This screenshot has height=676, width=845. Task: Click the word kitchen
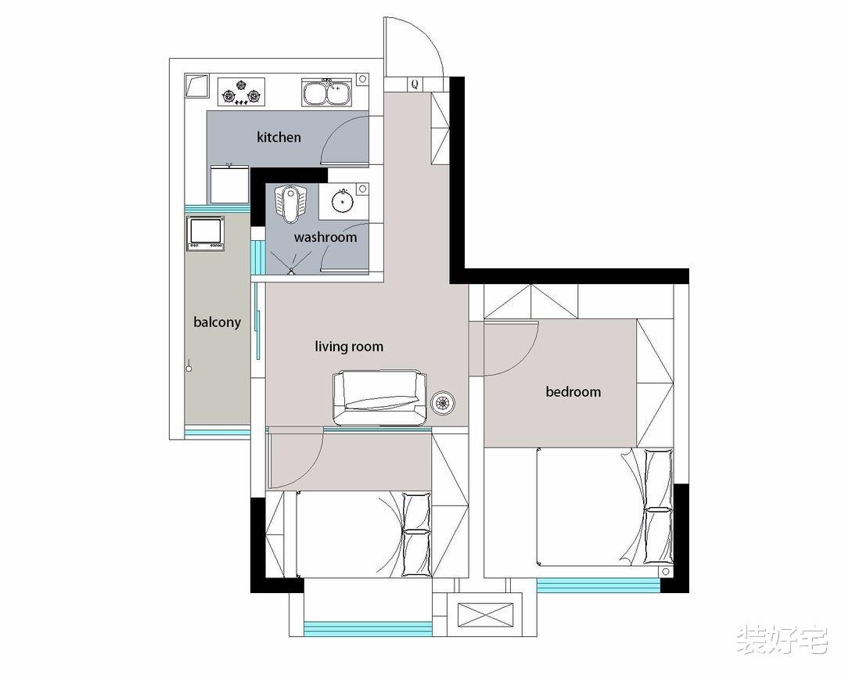click(279, 137)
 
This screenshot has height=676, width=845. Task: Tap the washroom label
click(325, 237)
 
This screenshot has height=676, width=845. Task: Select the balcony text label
click(217, 322)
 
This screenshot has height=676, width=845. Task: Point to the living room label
click(349, 346)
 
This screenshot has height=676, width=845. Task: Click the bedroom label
click(573, 391)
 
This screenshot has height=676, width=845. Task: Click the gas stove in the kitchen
click(242, 92)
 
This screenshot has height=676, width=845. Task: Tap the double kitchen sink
click(326, 92)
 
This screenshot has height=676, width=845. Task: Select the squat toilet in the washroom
click(290, 203)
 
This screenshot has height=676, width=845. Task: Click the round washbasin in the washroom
click(342, 202)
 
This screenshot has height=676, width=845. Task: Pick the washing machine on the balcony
click(205, 233)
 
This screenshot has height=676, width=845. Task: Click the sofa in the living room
click(380, 397)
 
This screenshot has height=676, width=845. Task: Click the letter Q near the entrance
click(415, 84)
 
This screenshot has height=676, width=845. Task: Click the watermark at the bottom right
click(782, 640)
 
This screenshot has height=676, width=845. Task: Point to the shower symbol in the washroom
click(291, 264)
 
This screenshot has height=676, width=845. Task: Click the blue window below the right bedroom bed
click(599, 585)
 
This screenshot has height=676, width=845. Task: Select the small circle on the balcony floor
click(189, 369)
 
